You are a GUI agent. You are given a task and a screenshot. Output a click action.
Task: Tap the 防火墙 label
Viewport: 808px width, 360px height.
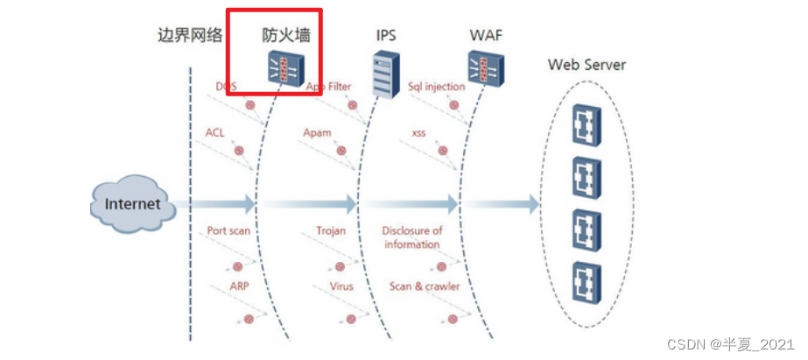(x=286, y=35)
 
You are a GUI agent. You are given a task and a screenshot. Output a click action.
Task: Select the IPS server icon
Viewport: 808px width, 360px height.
(x=383, y=74)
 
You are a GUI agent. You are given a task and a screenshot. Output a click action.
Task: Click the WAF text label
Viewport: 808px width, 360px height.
(x=485, y=36)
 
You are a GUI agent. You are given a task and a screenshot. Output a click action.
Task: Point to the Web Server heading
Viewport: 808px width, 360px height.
(x=587, y=64)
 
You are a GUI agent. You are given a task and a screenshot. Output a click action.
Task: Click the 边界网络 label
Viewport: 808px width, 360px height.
(x=189, y=35)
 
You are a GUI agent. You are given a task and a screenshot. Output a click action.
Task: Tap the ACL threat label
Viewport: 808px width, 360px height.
(x=215, y=132)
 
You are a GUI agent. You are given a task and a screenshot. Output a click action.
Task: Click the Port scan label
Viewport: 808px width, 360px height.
(x=228, y=231)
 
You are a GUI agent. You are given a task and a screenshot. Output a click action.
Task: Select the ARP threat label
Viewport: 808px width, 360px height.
(x=240, y=286)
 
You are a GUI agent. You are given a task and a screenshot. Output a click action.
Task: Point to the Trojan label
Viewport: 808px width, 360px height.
(x=331, y=231)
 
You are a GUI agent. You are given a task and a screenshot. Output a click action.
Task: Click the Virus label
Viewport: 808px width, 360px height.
(x=341, y=286)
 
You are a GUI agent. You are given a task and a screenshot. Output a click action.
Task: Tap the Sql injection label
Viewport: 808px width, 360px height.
(x=437, y=87)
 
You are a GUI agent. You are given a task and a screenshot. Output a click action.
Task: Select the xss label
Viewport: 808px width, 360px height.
(x=418, y=132)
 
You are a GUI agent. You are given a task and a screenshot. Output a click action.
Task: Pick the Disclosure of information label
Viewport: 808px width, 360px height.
(x=412, y=237)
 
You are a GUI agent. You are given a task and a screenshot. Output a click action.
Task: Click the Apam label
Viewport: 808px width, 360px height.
(x=317, y=132)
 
